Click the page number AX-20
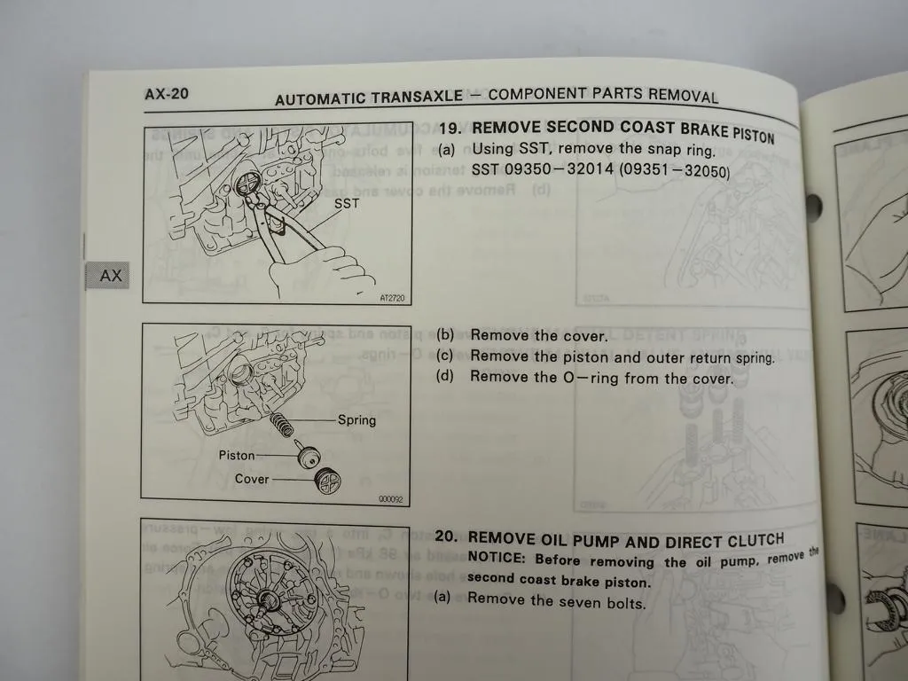pyautogui.click(x=166, y=94)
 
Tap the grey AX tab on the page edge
pyautogui.click(x=109, y=276)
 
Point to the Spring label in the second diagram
pyautogui.click(x=356, y=420)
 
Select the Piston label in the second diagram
pyautogui.click(x=237, y=455)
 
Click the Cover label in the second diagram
pyautogui.click(x=252, y=479)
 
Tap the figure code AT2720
pyautogui.click(x=389, y=298)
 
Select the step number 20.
pyautogui.click(x=446, y=537)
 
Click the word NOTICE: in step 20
pyautogui.click(x=498, y=558)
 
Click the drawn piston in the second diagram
pyautogui.click(x=309, y=458)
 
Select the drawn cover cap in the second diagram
pyautogui.click(x=328, y=482)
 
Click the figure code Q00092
pyautogui.click(x=389, y=499)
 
